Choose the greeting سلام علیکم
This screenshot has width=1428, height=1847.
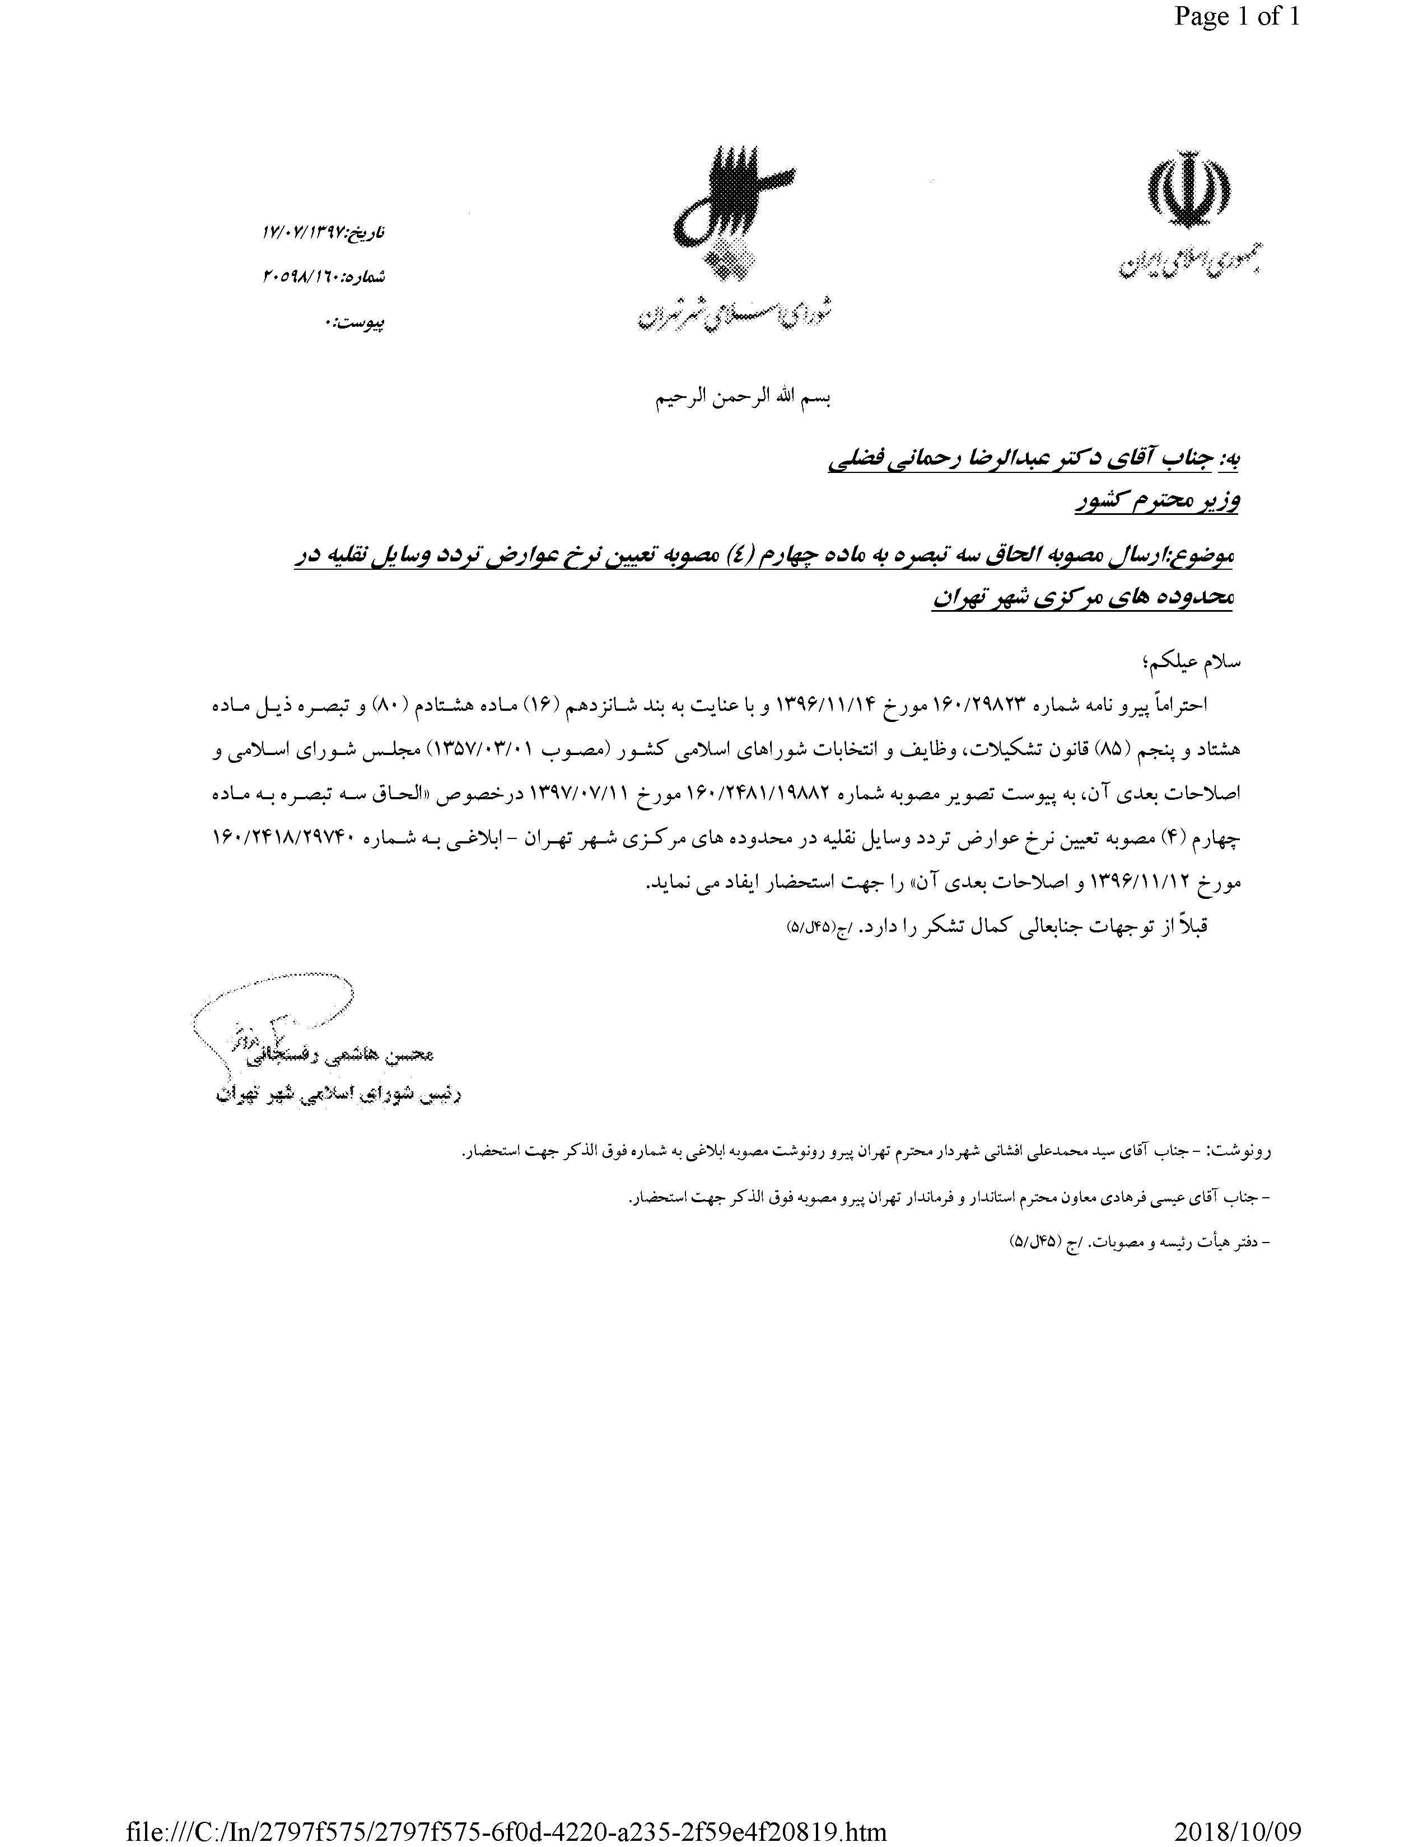click(1194, 662)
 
